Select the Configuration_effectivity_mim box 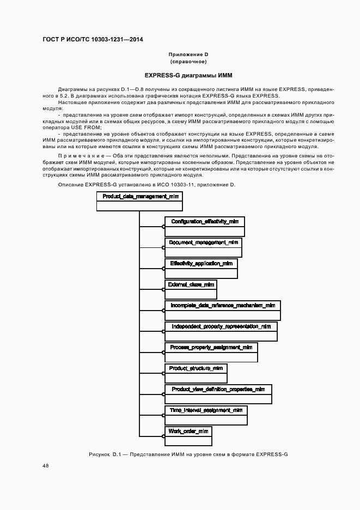pos(205,226)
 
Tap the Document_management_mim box pos(203,247)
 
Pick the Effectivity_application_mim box pos(201,268)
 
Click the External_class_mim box pos(191,289)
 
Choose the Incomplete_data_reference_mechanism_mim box pos(222,310)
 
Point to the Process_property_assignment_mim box pos(211,352)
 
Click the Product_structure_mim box pos(196,373)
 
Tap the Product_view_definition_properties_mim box pos(218,394)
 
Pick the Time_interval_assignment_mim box pos(206,415)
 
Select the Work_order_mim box pos(188,436)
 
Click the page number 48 pos(45,465)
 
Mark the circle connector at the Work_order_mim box pos(164,436)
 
